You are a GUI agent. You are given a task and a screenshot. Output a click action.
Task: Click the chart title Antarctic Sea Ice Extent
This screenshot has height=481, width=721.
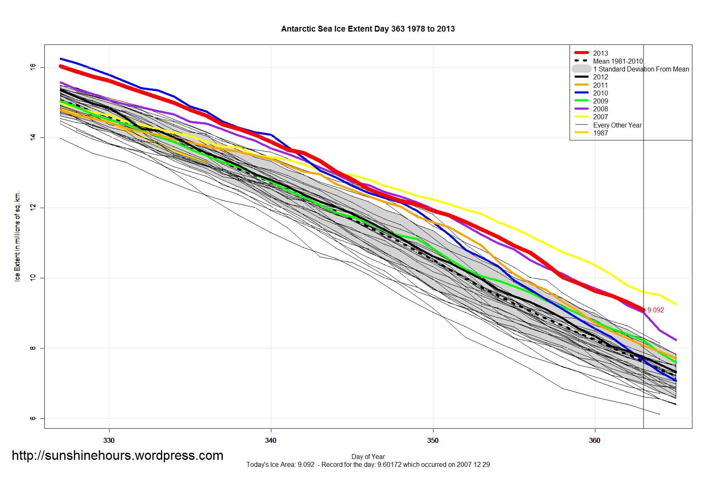click(368, 29)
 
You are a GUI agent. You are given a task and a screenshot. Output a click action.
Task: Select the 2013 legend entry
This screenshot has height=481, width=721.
click(600, 53)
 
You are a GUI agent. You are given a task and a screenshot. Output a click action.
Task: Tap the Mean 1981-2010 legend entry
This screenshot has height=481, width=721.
click(617, 61)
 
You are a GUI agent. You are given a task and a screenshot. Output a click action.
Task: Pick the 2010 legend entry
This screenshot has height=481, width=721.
click(600, 93)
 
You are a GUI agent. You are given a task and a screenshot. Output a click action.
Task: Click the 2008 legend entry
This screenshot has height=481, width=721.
click(600, 109)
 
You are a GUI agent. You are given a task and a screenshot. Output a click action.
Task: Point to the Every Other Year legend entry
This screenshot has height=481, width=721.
click(617, 125)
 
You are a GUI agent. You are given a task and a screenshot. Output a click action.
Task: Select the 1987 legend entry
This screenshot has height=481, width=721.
click(600, 133)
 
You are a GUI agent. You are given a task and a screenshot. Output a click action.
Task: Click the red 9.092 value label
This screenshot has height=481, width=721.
click(655, 310)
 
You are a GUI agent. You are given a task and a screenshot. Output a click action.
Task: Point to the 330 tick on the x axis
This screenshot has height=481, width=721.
click(109, 440)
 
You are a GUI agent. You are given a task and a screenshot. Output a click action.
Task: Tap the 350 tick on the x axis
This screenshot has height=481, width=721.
click(433, 440)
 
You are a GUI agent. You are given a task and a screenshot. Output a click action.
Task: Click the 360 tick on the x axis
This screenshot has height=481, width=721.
click(594, 440)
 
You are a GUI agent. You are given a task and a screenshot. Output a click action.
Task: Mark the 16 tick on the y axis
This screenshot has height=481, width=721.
click(33, 67)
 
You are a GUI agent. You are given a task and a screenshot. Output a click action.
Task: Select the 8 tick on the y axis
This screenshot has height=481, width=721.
click(33, 348)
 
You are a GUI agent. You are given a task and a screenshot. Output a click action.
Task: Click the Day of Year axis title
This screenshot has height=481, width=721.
click(368, 456)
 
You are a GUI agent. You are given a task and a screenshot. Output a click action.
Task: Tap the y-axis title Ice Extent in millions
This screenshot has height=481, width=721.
click(17, 236)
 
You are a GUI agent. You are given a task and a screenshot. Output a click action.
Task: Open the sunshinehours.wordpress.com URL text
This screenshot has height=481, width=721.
click(117, 455)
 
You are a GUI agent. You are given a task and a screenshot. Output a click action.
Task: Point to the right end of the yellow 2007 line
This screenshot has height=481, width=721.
click(676, 304)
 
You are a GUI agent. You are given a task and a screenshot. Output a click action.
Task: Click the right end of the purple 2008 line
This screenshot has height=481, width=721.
click(676, 340)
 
